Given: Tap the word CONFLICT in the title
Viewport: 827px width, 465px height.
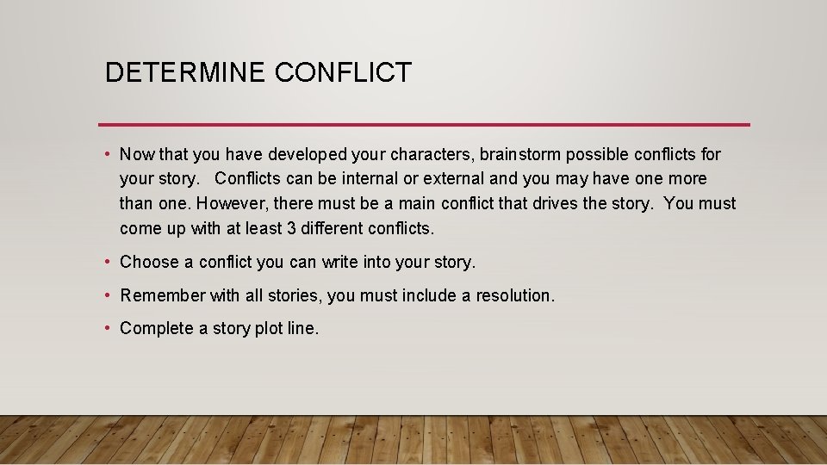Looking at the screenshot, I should [x=344, y=72].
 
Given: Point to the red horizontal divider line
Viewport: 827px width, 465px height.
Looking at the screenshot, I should [x=424, y=125].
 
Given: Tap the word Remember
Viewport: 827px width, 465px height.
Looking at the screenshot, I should [x=164, y=295].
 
